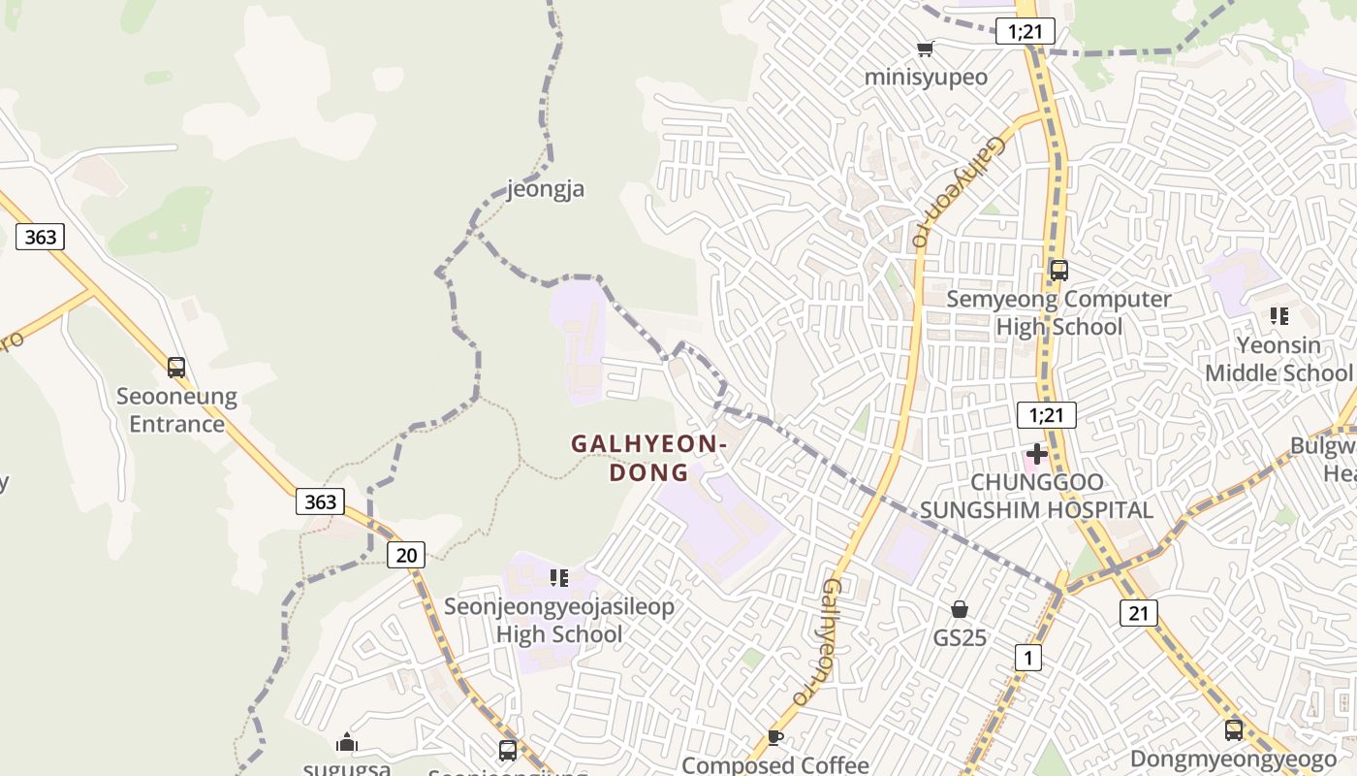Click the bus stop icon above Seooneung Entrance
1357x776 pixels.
(x=176, y=368)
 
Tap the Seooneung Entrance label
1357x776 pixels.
(x=176, y=410)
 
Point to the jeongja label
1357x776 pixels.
(x=546, y=188)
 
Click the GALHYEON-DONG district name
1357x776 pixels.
(x=648, y=458)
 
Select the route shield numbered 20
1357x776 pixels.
(x=406, y=555)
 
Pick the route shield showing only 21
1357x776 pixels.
(x=1139, y=612)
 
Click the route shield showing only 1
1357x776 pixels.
(x=1027, y=658)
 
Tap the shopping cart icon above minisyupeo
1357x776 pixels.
(x=926, y=48)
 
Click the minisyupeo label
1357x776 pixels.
(x=926, y=77)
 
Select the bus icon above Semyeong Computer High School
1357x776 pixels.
(x=1059, y=271)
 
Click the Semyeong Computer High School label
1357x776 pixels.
(x=1058, y=312)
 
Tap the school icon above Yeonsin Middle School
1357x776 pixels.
(x=1279, y=316)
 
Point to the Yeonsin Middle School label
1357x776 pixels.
(x=1278, y=359)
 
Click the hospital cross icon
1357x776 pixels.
(x=1037, y=453)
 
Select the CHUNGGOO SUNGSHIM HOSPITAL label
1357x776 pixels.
(x=1037, y=496)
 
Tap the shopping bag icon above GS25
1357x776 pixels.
(x=960, y=609)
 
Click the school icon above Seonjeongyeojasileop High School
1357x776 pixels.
(x=559, y=578)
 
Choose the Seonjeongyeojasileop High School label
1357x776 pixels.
(x=559, y=621)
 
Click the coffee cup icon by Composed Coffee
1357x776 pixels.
(x=775, y=737)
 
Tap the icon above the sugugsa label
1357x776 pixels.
(x=347, y=743)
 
